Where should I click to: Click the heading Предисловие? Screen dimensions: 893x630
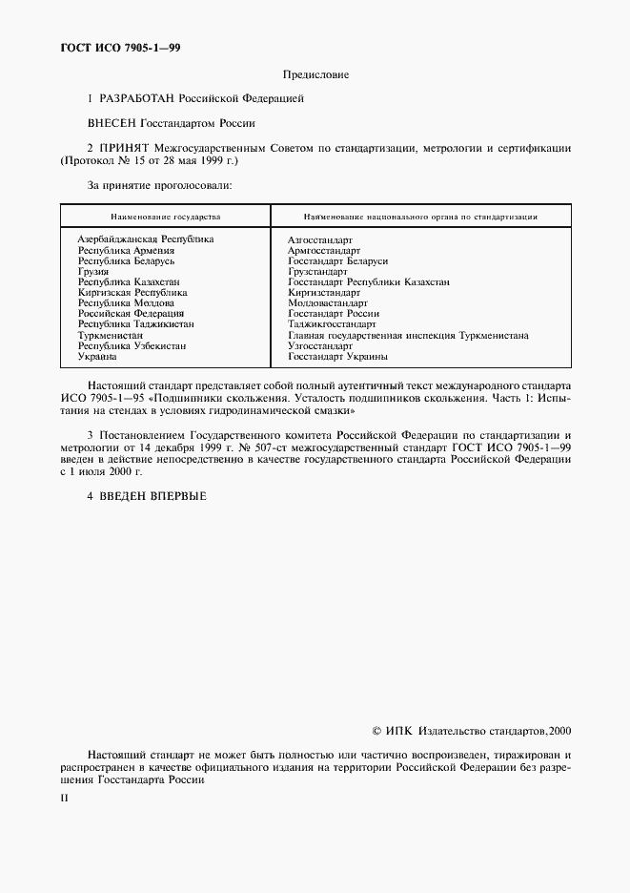tap(315, 73)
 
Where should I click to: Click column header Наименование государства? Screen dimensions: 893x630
tap(165, 217)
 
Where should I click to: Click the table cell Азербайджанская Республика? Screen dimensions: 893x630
tap(146, 239)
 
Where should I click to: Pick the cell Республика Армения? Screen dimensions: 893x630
tap(126, 250)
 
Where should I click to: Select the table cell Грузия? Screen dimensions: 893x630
tap(93, 271)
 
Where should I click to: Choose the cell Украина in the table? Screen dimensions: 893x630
tap(97, 356)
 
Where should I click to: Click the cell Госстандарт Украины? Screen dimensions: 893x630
tap(337, 356)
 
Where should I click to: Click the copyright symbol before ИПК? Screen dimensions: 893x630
tap(376, 731)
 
